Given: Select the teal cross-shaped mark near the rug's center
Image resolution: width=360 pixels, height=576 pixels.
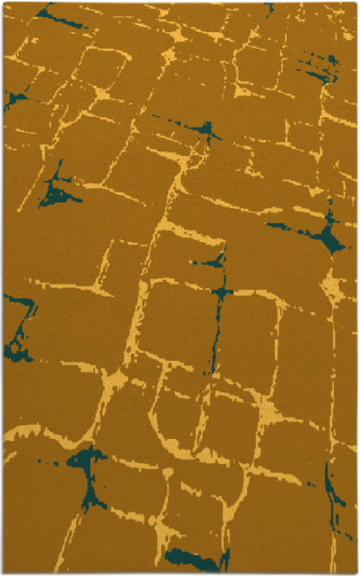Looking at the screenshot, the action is (220, 292).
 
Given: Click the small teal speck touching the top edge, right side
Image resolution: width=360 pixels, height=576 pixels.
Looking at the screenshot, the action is (269, 7).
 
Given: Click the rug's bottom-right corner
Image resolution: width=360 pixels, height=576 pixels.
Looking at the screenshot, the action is (356, 572).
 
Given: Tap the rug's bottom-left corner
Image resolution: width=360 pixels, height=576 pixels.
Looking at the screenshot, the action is (4, 572).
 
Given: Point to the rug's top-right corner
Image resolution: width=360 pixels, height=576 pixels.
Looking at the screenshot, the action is (356, 3).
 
